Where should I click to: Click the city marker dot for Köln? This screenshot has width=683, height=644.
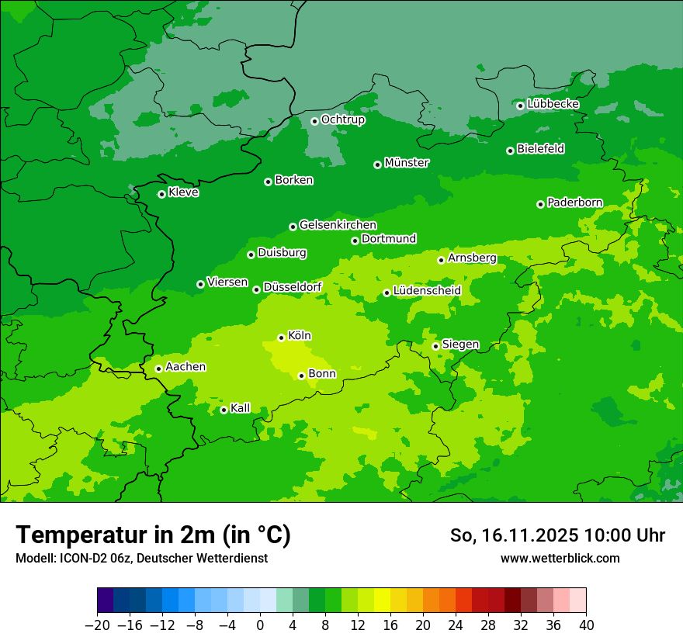pyautogui.click(x=281, y=338)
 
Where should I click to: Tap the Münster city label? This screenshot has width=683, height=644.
pyautogui.click(x=407, y=163)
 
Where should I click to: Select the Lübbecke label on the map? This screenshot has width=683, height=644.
pyautogui.click(x=553, y=104)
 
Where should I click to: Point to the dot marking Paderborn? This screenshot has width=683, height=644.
pyautogui.click(x=540, y=204)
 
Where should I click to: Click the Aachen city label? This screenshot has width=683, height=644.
pyautogui.click(x=185, y=367)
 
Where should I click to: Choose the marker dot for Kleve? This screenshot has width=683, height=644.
pyautogui.click(x=161, y=194)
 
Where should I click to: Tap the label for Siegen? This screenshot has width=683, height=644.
pyautogui.click(x=460, y=345)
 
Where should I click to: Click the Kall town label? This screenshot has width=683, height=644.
pyautogui.click(x=241, y=408)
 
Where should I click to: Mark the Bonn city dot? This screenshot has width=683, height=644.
pyautogui.click(x=301, y=376)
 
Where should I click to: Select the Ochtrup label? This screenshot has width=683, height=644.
pyautogui.click(x=342, y=119)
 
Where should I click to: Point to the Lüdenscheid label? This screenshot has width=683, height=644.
pyautogui.click(x=427, y=291)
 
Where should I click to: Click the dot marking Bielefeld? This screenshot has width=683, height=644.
pyautogui.click(x=510, y=151)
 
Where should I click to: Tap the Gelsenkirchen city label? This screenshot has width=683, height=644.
pyautogui.click(x=338, y=225)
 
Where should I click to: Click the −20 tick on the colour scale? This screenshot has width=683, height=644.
pyautogui.click(x=97, y=625)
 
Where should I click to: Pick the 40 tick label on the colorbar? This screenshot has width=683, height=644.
pyautogui.click(x=586, y=625)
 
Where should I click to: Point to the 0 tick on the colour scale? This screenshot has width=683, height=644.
pyautogui.click(x=260, y=625)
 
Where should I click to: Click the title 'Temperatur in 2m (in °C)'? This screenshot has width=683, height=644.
pyautogui.click(x=153, y=535)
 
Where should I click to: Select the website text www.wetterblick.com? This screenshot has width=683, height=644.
pyautogui.click(x=560, y=558)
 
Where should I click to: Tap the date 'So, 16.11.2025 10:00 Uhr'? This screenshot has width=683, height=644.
pyautogui.click(x=557, y=535)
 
